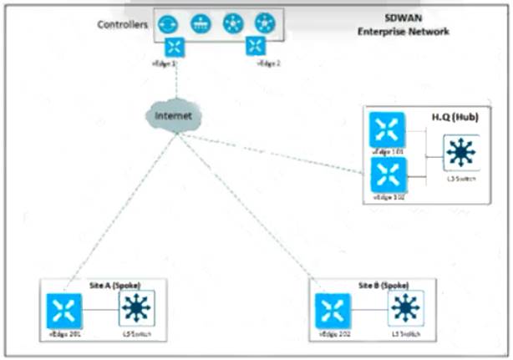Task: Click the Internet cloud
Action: pyautogui.click(x=171, y=114)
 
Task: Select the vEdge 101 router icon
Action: pyautogui.click(x=387, y=129)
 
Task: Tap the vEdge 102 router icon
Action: pyautogui.click(x=387, y=175)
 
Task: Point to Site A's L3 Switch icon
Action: pyautogui.click(x=136, y=309)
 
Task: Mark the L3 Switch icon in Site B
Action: pyautogui.click(x=405, y=309)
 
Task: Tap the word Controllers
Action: pyautogui.click(x=123, y=24)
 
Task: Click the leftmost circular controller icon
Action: pyautogui.click(x=168, y=23)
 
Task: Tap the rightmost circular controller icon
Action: pyautogui.click(x=265, y=23)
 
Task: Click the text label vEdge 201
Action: pyautogui.click(x=63, y=335)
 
